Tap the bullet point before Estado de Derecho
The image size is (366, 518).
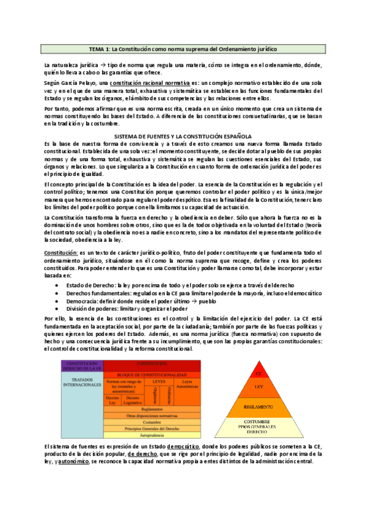(57, 268)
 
